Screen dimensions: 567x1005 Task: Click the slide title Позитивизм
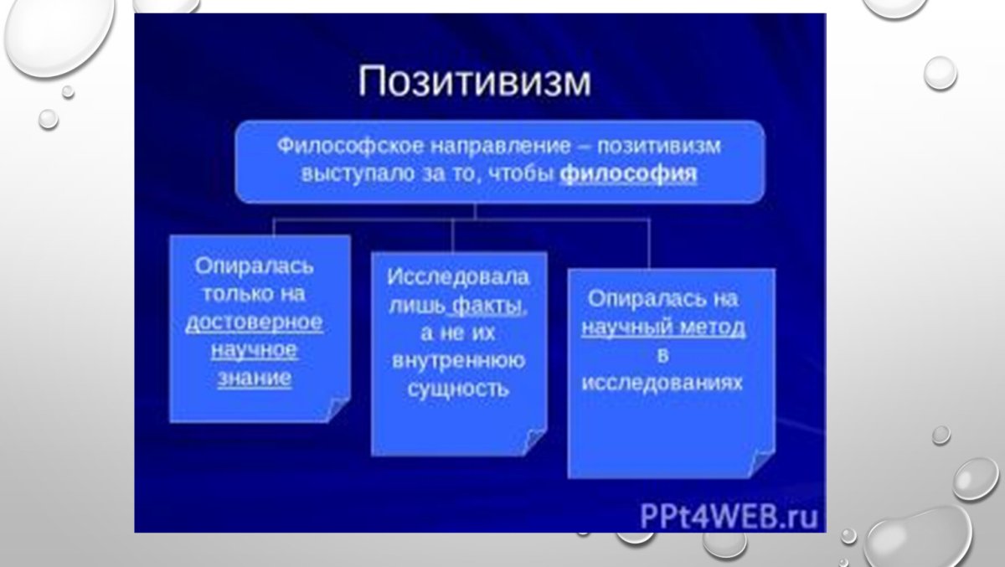click(474, 85)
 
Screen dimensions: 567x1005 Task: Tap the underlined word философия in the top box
click(628, 177)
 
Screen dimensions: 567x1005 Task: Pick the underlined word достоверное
click(254, 322)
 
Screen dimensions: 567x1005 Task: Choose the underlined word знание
click(254, 378)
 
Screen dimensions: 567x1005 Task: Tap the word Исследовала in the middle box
click(458, 277)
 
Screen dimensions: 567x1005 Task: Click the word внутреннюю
click(458, 361)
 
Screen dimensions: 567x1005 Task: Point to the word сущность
click(458, 389)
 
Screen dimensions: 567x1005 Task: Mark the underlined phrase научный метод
click(664, 327)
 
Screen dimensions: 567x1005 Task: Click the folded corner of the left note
click(338, 410)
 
